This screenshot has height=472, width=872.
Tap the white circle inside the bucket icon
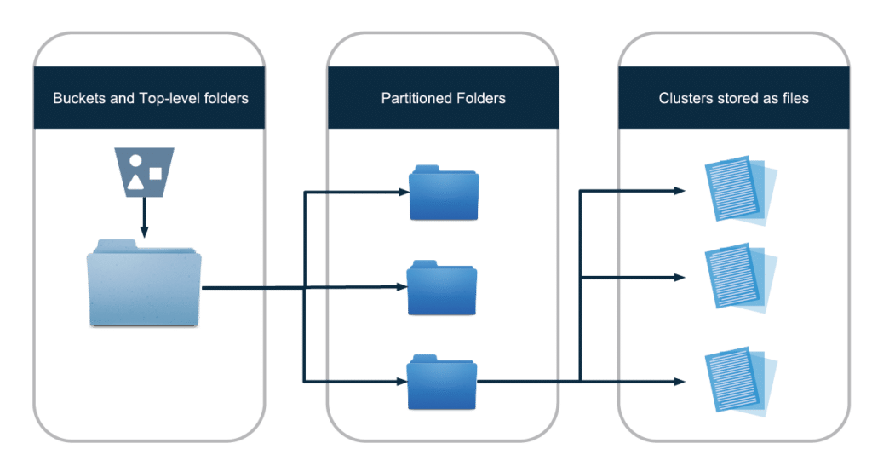135,162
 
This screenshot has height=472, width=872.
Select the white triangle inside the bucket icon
135,181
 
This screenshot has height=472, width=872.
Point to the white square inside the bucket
155,173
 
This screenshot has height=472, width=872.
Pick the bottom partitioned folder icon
442,383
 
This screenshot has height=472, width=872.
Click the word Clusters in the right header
685,99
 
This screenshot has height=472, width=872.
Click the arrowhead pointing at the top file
680,191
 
